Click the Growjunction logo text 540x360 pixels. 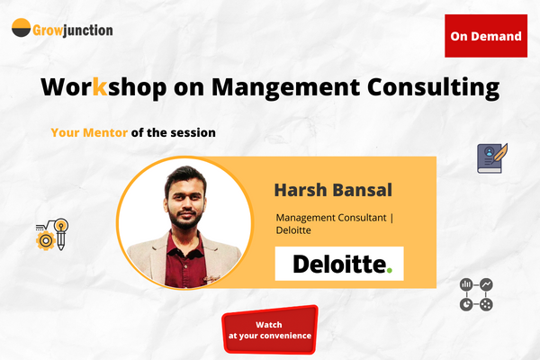click(x=74, y=30)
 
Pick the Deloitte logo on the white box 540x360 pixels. click(x=338, y=264)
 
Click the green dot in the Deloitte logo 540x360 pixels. click(x=390, y=269)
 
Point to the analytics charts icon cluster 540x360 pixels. click(x=476, y=294)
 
